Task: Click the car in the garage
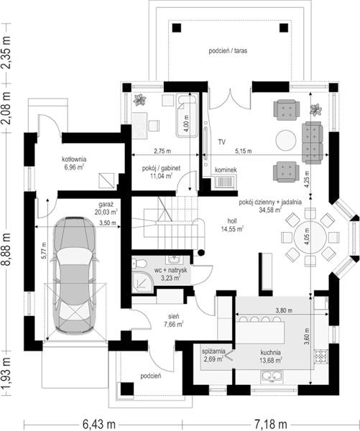[75, 275]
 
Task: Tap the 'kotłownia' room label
[74, 159]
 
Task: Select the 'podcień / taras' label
[228, 51]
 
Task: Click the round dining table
[310, 237]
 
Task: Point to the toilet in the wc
[139, 264]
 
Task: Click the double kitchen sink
[272, 376]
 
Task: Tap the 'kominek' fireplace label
[226, 170]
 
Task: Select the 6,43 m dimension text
[99, 424]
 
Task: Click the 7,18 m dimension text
[271, 424]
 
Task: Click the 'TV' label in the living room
[222, 142]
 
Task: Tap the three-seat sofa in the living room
[313, 143]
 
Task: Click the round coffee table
[286, 140]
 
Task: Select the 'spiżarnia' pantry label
[213, 351]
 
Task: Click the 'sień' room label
[174, 317]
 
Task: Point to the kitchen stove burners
[320, 356]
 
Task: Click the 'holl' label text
[232, 221]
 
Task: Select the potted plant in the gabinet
[139, 100]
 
